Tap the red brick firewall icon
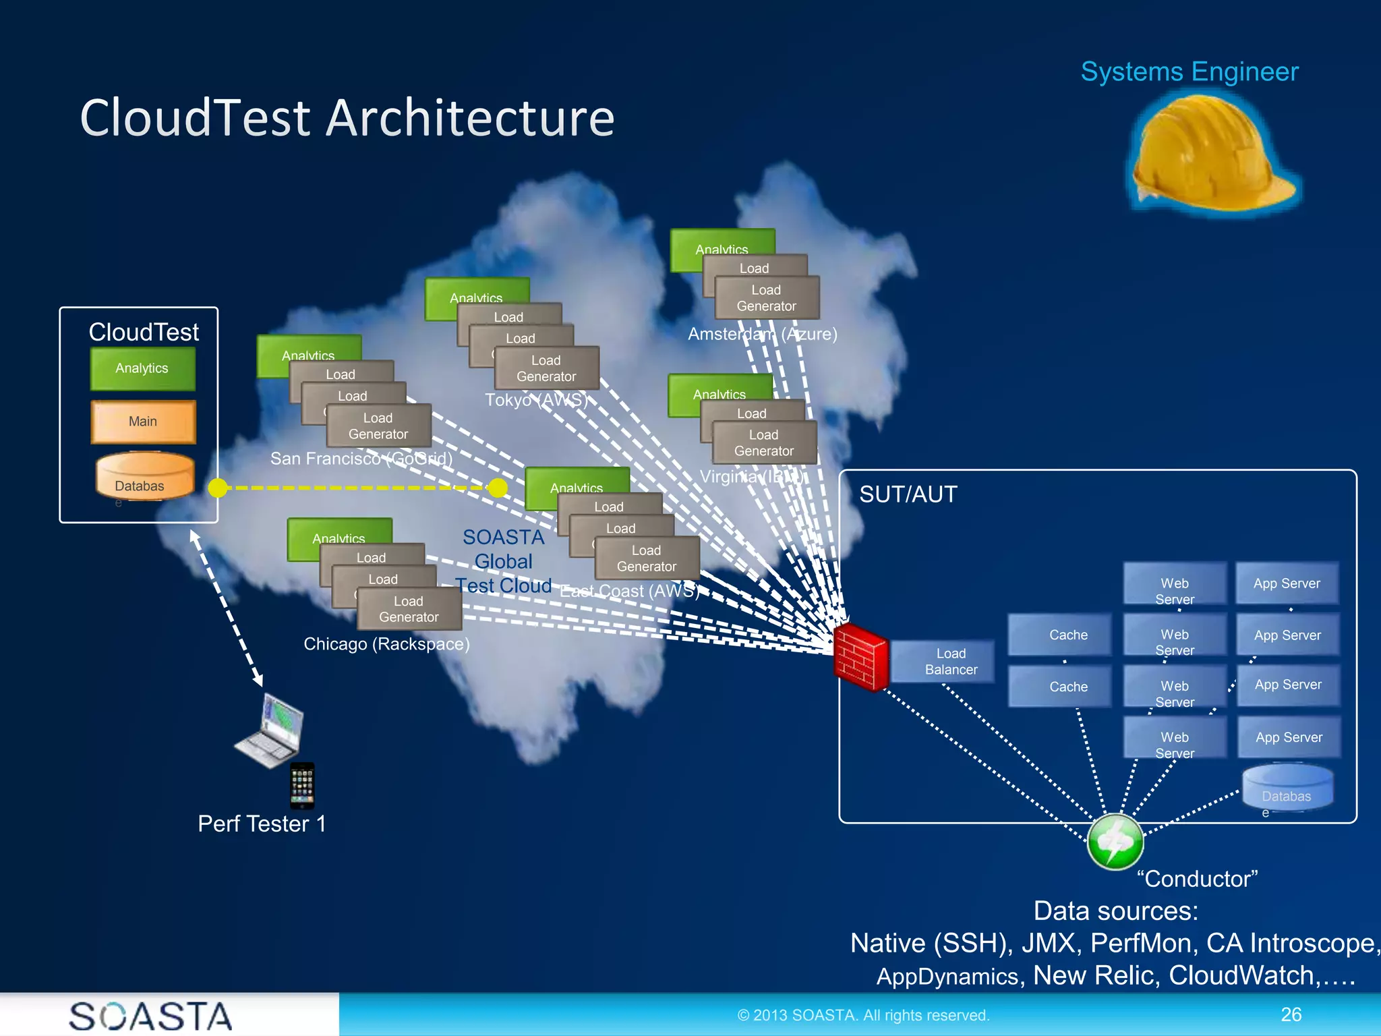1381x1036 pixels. coord(860,657)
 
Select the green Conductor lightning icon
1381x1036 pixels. coord(1115,841)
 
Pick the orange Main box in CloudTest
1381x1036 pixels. coord(143,422)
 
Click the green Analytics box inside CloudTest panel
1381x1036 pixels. coord(143,368)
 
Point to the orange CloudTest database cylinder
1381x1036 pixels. coord(144,476)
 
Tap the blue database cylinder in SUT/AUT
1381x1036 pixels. coord(1287,788)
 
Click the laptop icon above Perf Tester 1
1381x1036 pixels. coord(271,730)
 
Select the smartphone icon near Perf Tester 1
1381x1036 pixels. coord(302,785)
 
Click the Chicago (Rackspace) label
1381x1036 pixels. coord(386,644)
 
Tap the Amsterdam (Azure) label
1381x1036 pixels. coord(762,334)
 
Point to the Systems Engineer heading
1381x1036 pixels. coord(1189,71)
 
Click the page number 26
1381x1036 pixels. coord(1291,1014)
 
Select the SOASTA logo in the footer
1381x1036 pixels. coord(151,1015)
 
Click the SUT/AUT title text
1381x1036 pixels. coord(908,494)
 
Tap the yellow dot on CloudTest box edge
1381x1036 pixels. coord(218,488)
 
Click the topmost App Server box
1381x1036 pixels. coord(1287,583)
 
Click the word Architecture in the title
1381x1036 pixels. coord(471,118)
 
